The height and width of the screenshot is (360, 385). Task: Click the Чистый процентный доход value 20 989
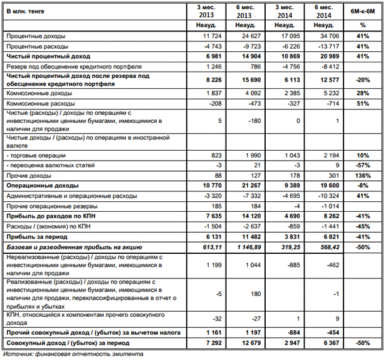tap(329, 56)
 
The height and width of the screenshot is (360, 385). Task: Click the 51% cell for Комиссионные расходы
tap(363, 103)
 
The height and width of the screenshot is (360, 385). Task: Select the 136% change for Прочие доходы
tap(362, 176)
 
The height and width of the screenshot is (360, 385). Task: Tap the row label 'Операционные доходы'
tap(42, 185)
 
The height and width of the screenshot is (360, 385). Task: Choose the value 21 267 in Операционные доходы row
tap(244, 185)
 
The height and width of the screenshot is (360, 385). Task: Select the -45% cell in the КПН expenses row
tap(363, 225)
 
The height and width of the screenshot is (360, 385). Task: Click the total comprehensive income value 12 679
tap(244, 341)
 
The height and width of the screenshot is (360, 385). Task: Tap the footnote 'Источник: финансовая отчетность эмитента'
tap(73, 354)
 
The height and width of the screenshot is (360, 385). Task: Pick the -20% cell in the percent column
tap(363, 79)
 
